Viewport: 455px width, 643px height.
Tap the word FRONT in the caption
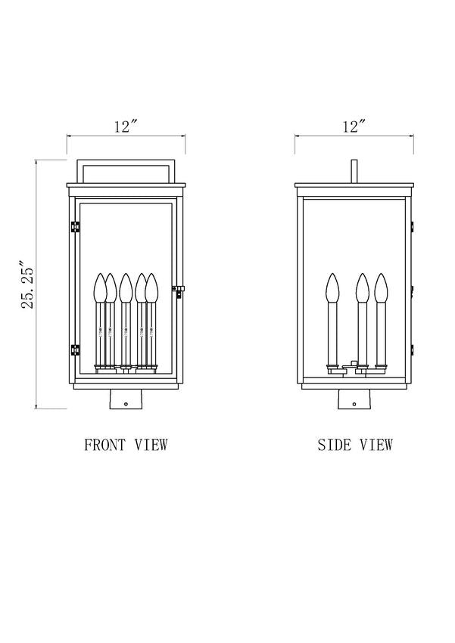click(x=104, y=445)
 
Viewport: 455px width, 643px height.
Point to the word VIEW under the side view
click(x=376, y=445)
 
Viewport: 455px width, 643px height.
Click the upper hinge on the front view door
click(x=75, y=227)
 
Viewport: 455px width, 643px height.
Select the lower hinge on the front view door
click(x=75, y=349)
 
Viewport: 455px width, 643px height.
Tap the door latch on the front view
click(x=178, y=290)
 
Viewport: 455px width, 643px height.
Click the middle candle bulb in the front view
click(x=126, y=288)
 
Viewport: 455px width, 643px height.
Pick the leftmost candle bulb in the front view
click(x=100, y=288)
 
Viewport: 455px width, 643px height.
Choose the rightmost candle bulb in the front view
click(x=152, y=288)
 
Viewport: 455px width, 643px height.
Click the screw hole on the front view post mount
click(x=126, y=404)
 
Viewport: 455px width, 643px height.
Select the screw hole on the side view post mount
click(x=354, y=404)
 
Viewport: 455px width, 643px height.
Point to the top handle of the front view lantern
click(x=126, y=160)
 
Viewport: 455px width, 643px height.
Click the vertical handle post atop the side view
click(x=354, y=171)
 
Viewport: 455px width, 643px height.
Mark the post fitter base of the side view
click(x=354, y=399)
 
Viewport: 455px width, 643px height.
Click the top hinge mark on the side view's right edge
click(x=413, y=225)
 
